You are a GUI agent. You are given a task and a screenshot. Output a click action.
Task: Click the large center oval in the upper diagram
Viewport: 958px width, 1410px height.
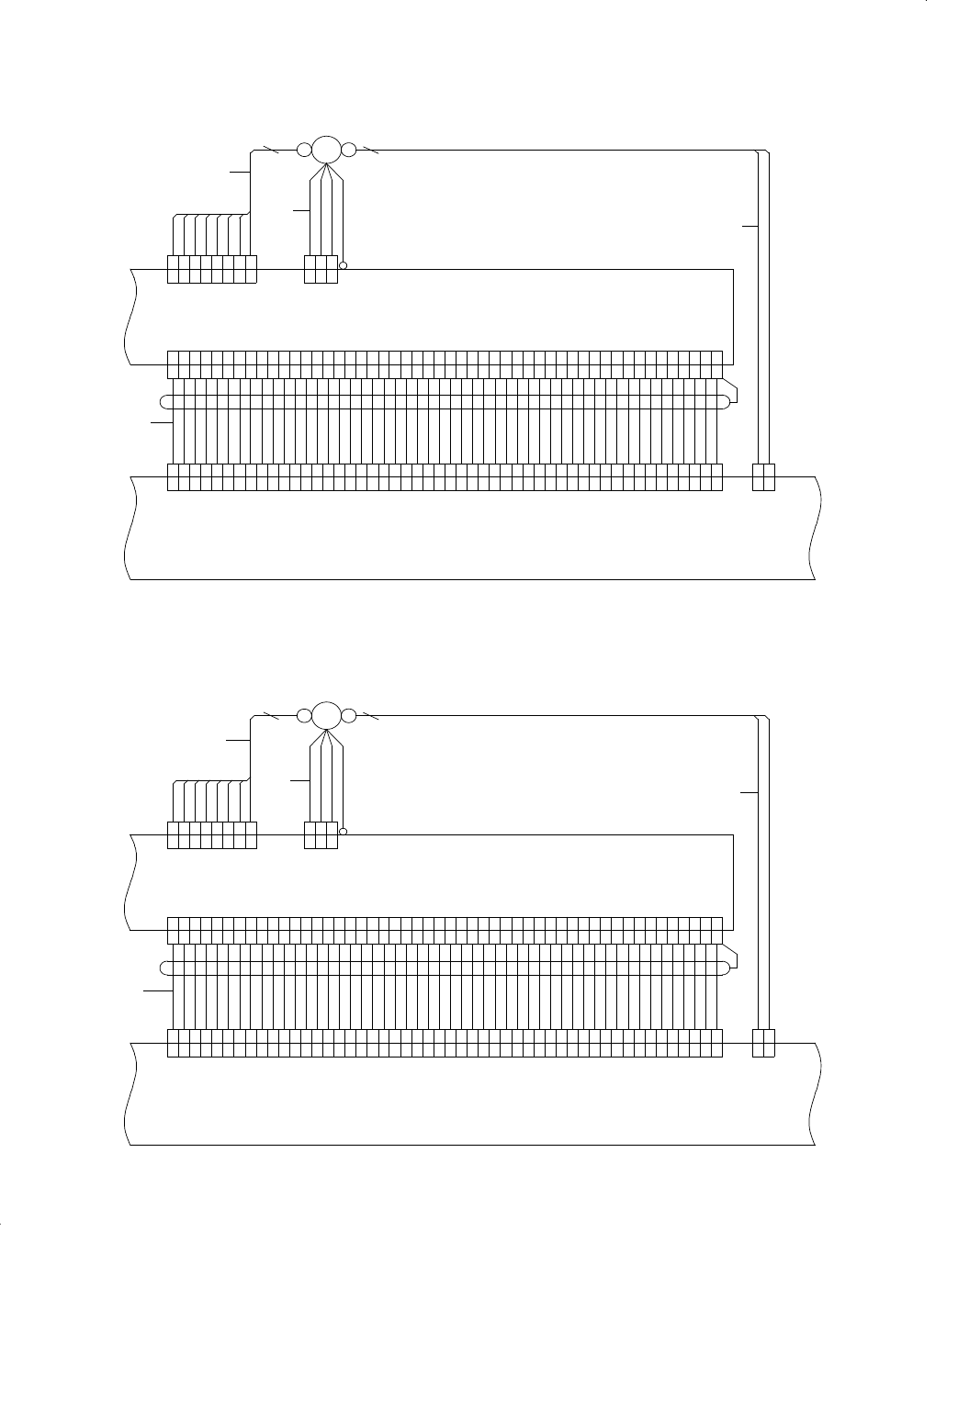326,150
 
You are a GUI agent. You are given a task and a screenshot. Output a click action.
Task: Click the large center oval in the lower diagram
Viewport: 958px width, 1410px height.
326,715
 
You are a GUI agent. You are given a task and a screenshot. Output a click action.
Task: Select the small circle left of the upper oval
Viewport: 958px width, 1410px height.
304,150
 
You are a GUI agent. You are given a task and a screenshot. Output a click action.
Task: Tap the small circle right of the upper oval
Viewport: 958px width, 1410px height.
348,150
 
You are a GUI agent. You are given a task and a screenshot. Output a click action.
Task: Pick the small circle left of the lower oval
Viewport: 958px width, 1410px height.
304,715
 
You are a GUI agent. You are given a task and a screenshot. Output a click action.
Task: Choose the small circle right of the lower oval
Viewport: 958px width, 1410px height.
348,715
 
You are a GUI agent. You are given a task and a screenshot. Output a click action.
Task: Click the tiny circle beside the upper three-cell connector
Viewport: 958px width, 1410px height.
343,266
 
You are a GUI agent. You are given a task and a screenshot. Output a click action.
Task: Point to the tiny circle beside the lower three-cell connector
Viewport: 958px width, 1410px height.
343,832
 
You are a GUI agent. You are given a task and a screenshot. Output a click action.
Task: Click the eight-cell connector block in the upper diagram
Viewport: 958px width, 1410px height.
212,270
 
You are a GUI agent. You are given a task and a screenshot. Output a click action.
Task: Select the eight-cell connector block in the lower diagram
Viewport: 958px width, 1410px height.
212,835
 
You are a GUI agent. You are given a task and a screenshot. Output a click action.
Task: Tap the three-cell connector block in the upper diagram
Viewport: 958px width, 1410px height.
321,270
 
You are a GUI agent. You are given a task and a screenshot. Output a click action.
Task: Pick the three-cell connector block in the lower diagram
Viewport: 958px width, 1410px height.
321,835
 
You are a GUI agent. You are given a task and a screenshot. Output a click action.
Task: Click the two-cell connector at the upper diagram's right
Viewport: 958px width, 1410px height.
763,477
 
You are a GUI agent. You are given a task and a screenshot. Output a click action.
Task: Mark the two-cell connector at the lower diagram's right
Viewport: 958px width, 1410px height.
763,1043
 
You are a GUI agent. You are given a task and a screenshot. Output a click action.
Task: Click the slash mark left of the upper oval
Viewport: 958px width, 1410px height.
270,149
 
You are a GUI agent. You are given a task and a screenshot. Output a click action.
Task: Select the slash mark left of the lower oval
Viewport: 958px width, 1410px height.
270,714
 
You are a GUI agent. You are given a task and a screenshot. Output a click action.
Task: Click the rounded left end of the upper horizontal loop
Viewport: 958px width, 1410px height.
163,401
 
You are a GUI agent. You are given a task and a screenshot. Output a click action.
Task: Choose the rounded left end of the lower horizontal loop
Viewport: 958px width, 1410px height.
163,967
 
